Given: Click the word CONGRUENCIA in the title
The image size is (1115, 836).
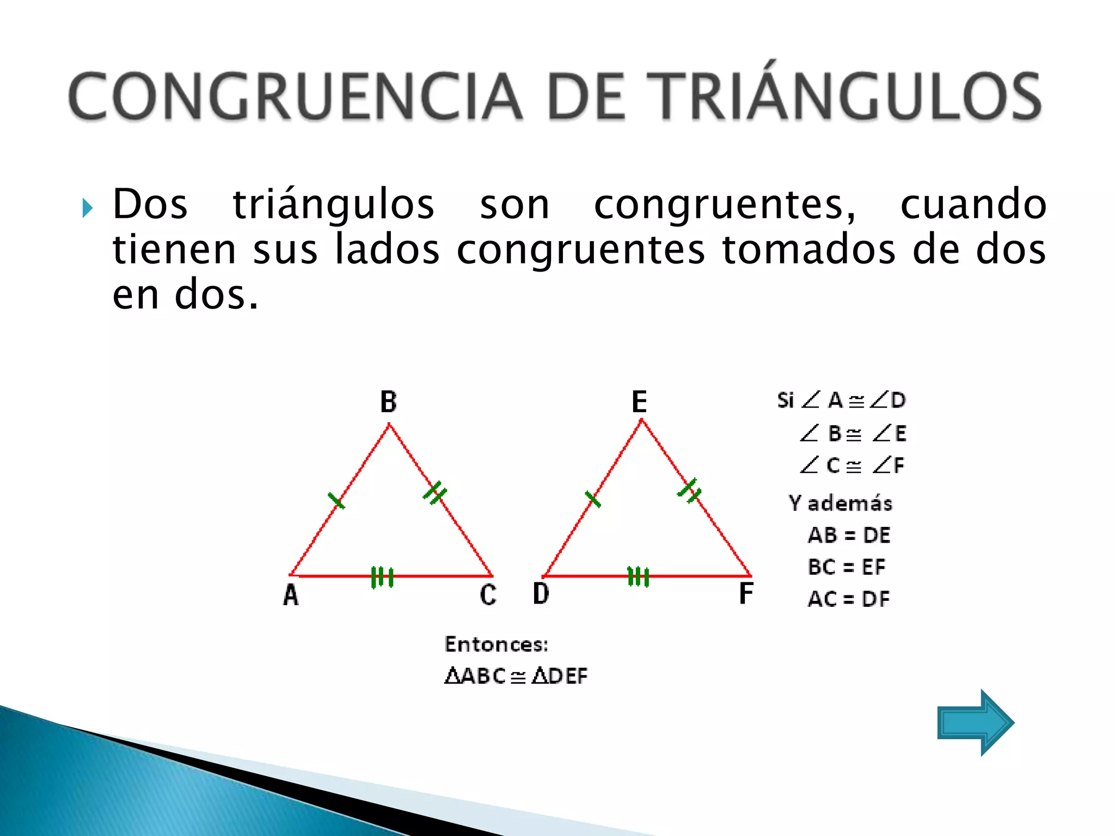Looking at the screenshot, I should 295,97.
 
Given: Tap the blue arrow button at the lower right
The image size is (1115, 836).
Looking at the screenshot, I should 975,722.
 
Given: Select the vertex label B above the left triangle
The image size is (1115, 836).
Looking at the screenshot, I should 388,402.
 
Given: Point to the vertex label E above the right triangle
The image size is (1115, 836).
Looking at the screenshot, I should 639,402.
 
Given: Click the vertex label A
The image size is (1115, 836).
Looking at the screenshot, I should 291,595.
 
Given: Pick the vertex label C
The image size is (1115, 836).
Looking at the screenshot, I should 488,594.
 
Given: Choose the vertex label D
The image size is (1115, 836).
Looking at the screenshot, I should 541,593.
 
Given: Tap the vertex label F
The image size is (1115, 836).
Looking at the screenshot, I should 746,593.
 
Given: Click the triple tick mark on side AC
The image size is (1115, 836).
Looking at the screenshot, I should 382,577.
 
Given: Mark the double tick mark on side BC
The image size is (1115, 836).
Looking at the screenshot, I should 434,493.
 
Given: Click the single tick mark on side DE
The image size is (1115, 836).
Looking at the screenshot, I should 593,499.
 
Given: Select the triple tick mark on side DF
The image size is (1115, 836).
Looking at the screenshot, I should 638,576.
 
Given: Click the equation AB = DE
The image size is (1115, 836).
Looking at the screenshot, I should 849,535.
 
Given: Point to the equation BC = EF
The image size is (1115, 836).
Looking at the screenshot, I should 847,567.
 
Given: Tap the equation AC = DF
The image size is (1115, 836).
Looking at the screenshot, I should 848,599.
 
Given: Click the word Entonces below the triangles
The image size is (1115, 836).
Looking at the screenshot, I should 496,644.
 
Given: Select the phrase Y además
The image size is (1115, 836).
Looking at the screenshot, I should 841,503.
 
